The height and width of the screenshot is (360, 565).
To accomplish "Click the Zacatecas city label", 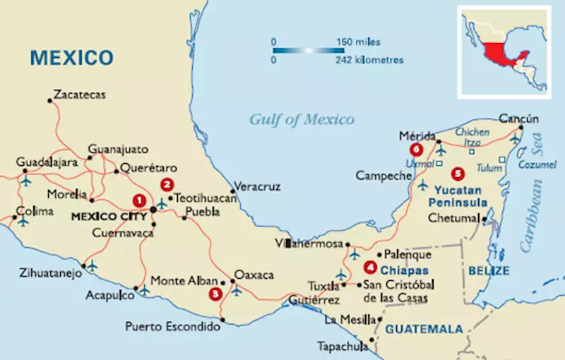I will click(79, 95).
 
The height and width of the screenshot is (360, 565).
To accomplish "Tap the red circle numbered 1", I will click(140, 200).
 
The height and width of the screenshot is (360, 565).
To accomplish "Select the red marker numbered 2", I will click(167, 185).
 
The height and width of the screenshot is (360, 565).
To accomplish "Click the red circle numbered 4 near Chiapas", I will click(370, 268).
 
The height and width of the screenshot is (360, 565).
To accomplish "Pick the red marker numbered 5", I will click(458, 172).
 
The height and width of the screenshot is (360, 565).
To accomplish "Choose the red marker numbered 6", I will click(416, 150).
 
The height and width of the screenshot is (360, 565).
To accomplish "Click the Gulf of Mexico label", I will click(302, 119).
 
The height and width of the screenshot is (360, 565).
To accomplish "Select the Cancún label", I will click(518, 118).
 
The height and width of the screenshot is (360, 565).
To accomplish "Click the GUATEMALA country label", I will click(424, 329).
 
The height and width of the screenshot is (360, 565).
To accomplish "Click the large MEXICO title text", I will click(71, 57).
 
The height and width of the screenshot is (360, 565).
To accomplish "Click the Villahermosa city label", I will click(305, 244).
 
